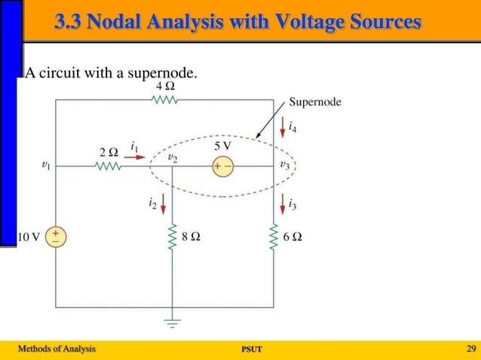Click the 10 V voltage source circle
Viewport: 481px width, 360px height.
click(57, 236)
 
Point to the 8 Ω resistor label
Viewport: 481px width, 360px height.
click(191, 236)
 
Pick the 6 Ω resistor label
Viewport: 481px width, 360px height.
click(293, 236)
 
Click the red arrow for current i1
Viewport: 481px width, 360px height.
click(139, 157)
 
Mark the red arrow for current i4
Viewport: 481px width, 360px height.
click(283, 124)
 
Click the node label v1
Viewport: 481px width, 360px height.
click(46, 163)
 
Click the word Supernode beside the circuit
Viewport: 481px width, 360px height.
click(315, 102)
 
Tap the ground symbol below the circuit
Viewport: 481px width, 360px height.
click(173, 325)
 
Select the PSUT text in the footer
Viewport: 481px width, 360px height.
click(251, 349)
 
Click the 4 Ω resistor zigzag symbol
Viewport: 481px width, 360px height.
click(166, 99)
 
